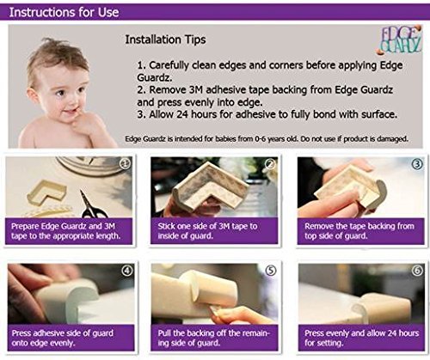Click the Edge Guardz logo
[x=399, y=40]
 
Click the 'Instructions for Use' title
[x=64, y=12]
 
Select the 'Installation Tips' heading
[x=165, y=40]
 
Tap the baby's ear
[x=32, y=95]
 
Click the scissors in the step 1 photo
[x=92, y=204]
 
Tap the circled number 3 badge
[x=417, y=164]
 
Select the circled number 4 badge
[x=127, y=271]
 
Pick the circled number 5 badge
[x=271, y=271]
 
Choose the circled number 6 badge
[x=417, y=271]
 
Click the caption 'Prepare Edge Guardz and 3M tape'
[x=66, y=231]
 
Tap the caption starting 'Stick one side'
[x=207, y=231]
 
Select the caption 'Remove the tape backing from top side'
[x=359, y=231]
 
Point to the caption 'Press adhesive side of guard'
[x=63, y=338]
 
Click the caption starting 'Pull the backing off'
[x=214, y=338]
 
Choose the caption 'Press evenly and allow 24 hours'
[x=361, y=338]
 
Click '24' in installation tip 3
[x=182, y=114]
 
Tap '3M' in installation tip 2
[x=196, y=90]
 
